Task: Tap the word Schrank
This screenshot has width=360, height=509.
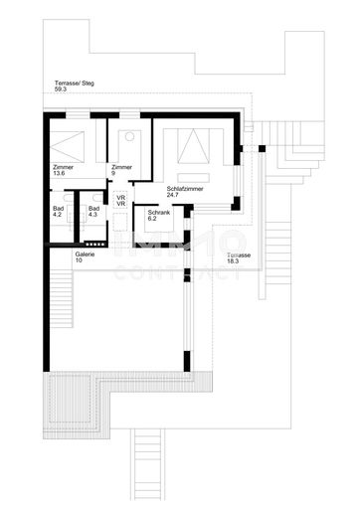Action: tap(158, 213)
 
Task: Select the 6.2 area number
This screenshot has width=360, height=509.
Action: tap(152, 220)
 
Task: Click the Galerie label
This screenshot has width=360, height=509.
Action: tap(86, 254)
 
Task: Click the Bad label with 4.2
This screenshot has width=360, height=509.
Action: tap(57, 208)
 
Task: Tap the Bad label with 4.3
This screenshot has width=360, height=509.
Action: tap(92, 208)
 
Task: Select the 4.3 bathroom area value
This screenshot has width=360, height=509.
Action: tap(92, 215)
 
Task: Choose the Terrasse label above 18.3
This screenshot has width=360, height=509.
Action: tap(239, 254)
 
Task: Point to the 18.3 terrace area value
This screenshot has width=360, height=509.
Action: tap(235, 261)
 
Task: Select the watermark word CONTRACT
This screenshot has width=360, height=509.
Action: tap(180, 269)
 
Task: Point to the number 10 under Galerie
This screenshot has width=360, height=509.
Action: tap(79, 260)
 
